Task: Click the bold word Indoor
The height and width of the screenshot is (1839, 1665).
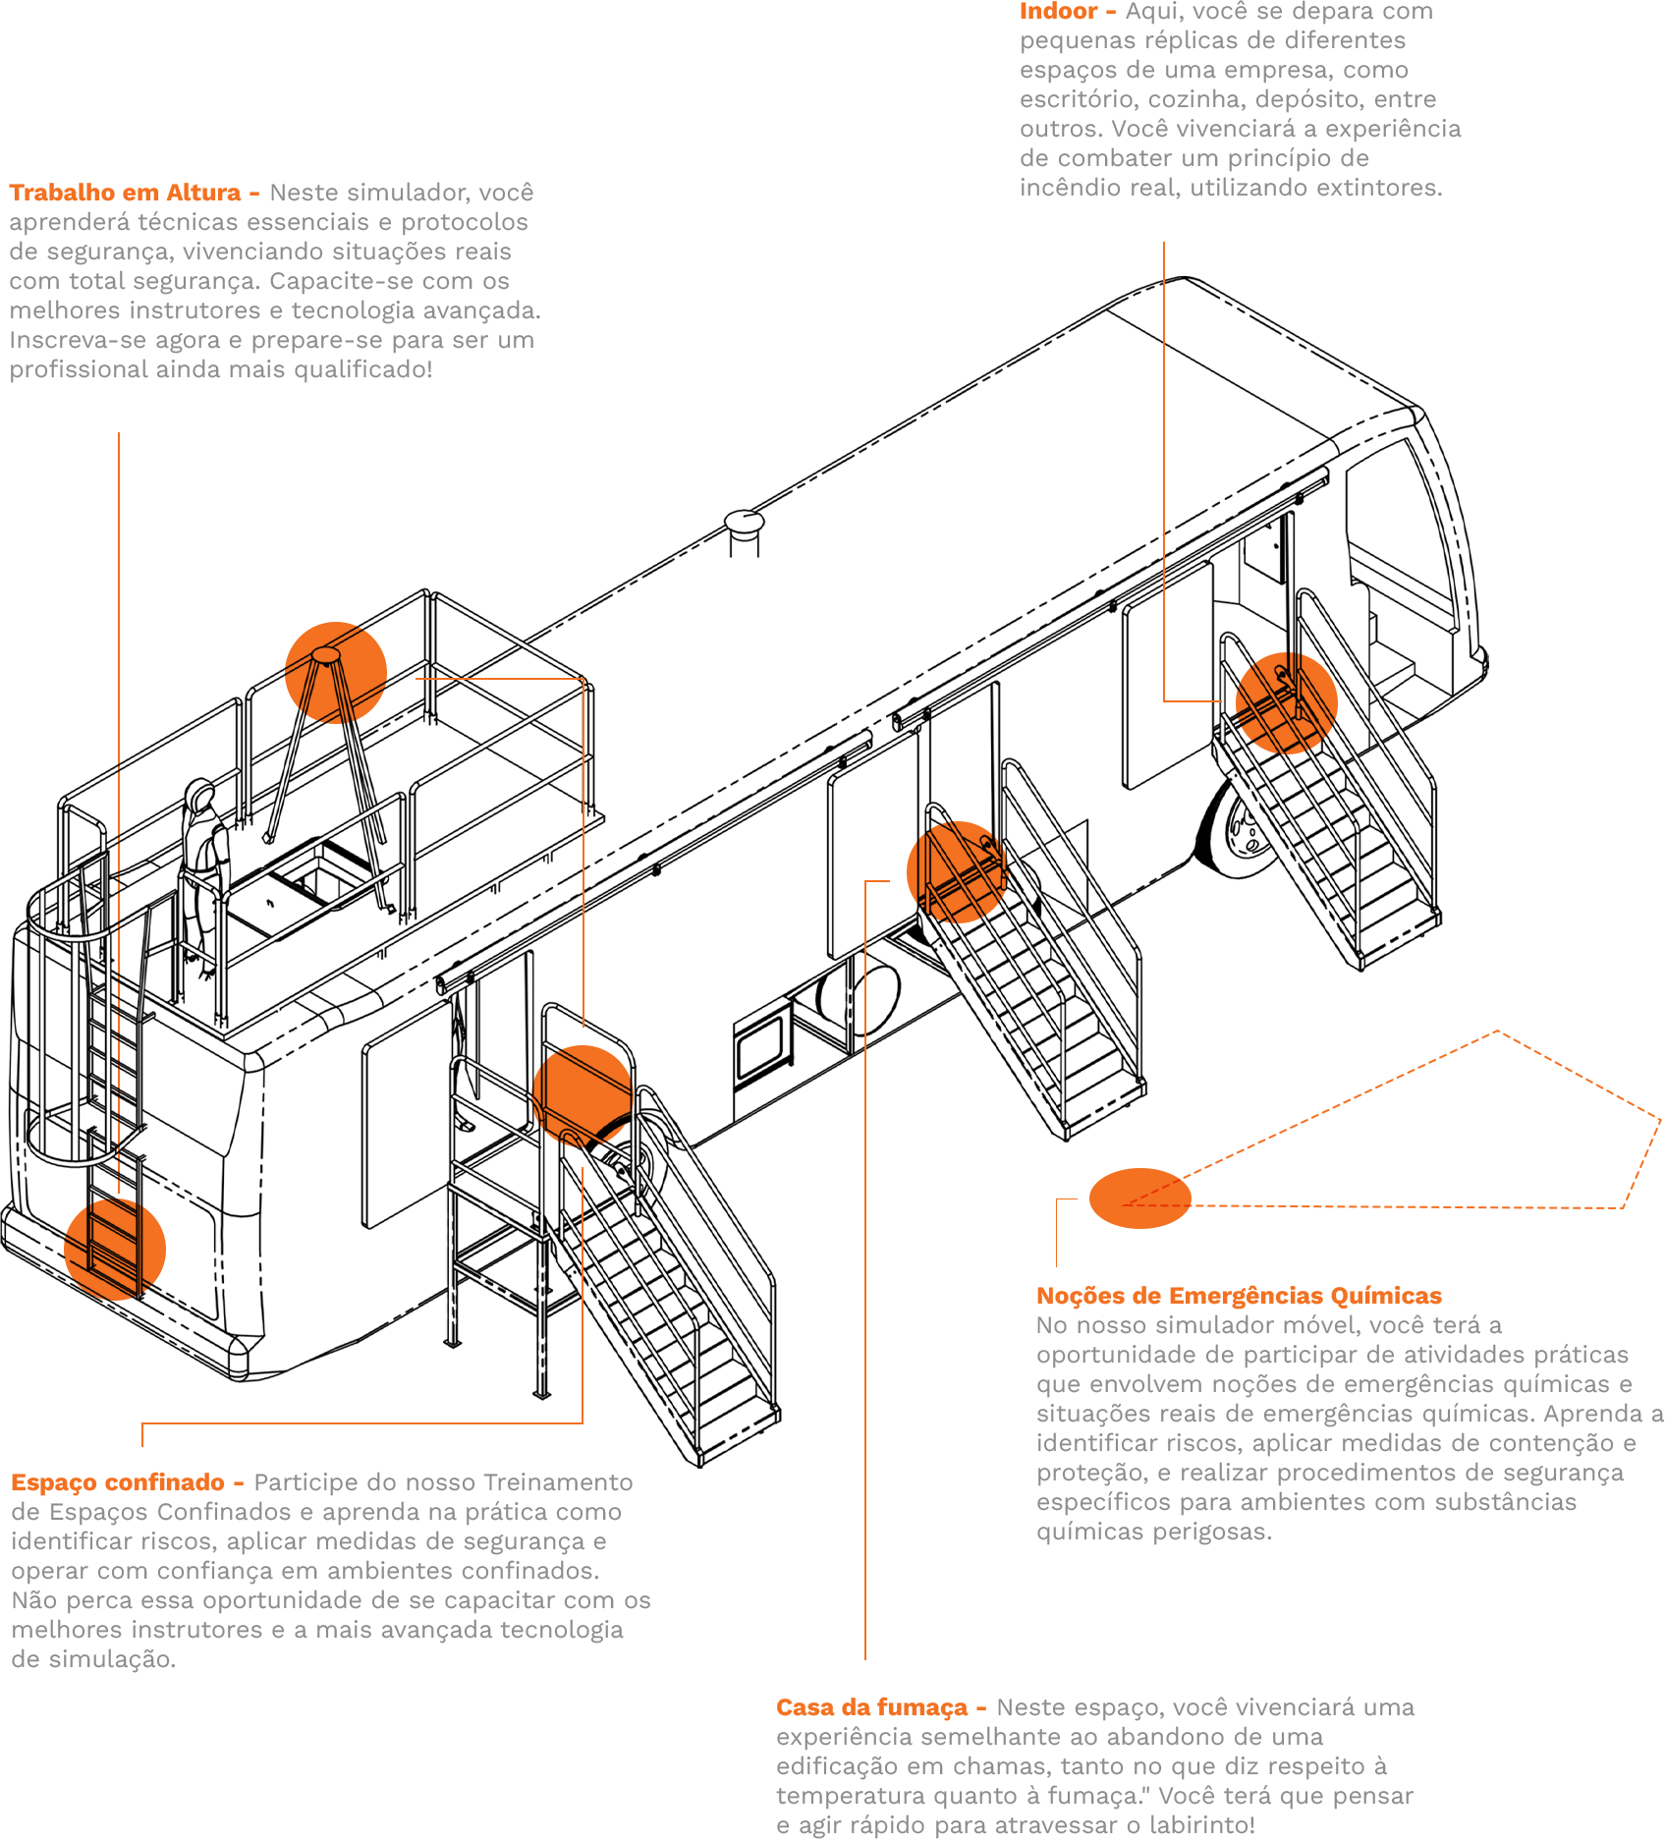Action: [1058, 12]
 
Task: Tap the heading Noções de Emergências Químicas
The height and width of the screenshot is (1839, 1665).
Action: [1239, 1296]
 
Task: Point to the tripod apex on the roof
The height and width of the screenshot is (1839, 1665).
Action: [325, 655]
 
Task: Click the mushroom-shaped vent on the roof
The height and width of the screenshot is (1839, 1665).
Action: [745, 523]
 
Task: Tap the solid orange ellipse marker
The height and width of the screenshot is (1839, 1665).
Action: [1139, 1198]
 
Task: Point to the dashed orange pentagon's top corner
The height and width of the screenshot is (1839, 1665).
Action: [1496, 1031]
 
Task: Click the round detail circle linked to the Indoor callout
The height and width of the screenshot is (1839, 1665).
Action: [1286, 702]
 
